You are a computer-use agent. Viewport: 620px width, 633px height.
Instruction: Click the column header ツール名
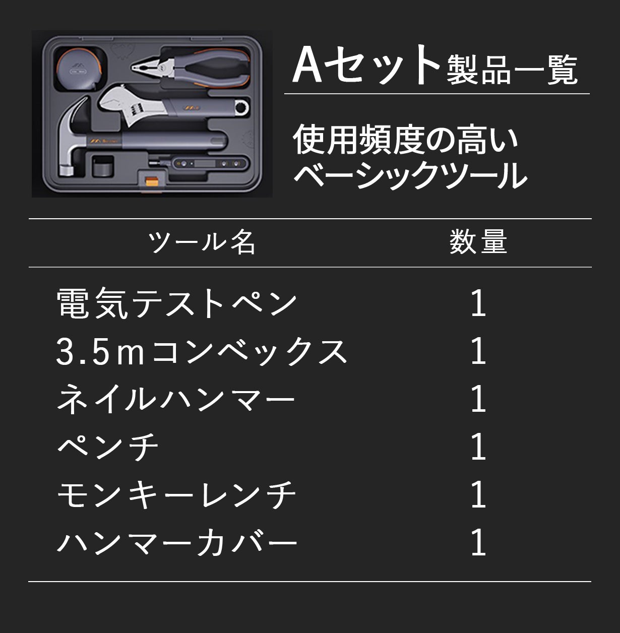pyautogui.click(x=202, y=242)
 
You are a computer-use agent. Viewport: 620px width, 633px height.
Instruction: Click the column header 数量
pyautogui.click(x=478, y=242)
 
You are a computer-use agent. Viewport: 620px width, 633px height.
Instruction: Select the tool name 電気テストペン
pyautogui.click(x=176, y=303)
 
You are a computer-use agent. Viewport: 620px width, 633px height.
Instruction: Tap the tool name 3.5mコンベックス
pyautogui.click(x=201, y=351)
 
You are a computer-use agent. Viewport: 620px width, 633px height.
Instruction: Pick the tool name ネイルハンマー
pyautogui.click(x=176, y=399)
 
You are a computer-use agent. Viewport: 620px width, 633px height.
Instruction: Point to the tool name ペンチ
pyautogui.click(x=108, y=447)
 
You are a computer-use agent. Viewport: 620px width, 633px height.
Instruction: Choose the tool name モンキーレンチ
pyautogui.click(x=176, y=495)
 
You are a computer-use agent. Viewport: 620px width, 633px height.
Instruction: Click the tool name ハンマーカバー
pyautogui.click(x=177, y=542)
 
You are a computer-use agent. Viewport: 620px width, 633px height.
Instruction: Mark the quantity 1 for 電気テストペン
pyautogui.click(x=478, y=303)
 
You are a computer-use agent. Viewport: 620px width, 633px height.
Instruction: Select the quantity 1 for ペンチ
pyautogui.click(x=478, y=447)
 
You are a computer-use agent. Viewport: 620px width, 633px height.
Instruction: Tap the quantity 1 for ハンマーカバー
pyautogui.click(x=478, y=542)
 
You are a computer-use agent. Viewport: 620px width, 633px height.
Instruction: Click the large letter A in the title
pyautogui.click(x=307, y=64)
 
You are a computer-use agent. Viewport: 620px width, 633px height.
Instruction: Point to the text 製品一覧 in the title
pyautogui.click(x=512, y=70)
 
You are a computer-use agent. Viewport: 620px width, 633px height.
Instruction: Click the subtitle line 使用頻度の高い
pyautogui.click(x=405, y=140)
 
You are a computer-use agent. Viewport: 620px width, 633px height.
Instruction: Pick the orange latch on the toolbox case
pyautogui.click(x=151, y=181)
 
